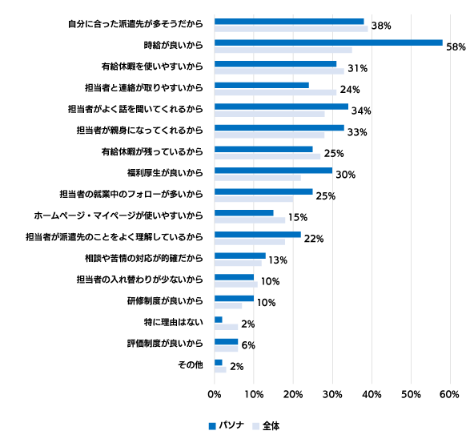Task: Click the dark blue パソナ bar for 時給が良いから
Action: coord(328,42)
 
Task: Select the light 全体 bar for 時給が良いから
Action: coord(283,50)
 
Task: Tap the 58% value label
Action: coord(456,47)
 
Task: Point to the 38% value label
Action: coord(381,26)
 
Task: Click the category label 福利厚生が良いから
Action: coord(165,173)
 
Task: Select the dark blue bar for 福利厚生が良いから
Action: coord(273,171)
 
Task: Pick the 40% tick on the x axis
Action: coord(372,394)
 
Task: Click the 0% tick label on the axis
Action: coord(215,394)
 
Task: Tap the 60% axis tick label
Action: coord(450,394)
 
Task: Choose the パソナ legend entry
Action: coord(227,425)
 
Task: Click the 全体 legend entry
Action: coord(266,426)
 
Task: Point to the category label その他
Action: coord(191,364)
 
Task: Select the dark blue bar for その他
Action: coord(219,362)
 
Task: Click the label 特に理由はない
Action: coord(174,322)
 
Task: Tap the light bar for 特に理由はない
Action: coord(226,327)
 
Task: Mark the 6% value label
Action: coord(248,345)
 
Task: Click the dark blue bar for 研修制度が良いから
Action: coord(234,299)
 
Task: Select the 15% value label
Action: coord(298,217)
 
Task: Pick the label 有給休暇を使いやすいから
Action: coord(152,66)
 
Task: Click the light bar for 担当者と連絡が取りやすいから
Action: coord(275,93)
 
